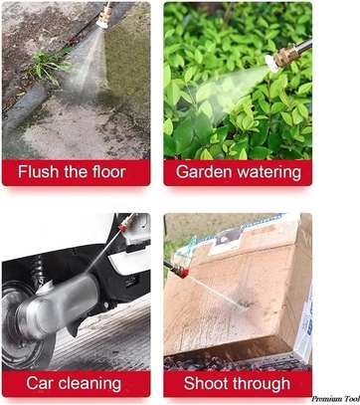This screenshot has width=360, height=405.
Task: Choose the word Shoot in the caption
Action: [203, 383]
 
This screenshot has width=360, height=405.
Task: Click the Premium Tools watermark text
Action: [335, 399]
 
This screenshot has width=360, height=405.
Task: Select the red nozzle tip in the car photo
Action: [123, 228]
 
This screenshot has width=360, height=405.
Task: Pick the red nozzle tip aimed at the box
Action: [183, 273]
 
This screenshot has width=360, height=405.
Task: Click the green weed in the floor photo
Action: [47, 67]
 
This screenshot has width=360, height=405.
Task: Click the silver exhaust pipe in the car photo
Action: [53, 305]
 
